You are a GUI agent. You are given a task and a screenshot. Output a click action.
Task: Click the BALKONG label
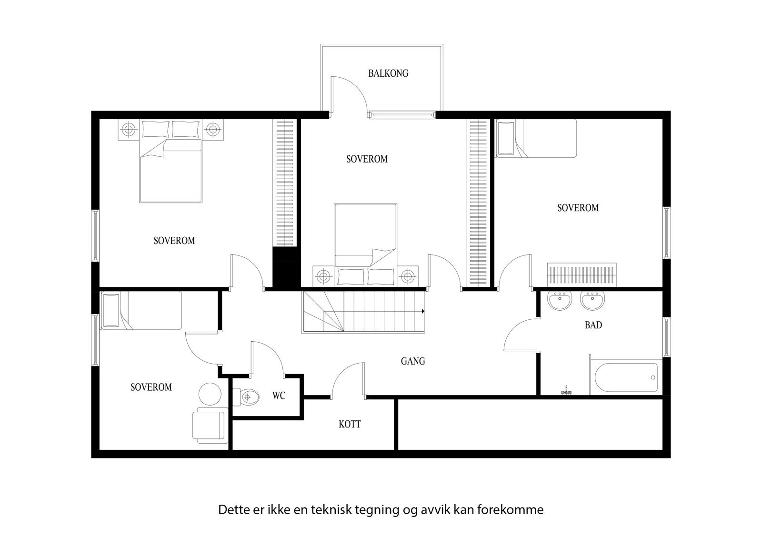(388, 73)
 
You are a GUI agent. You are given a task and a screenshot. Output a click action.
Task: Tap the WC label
(279, 396)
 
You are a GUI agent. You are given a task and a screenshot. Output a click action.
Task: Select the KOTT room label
(350, 424)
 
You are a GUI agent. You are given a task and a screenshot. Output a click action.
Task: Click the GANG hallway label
(412, 361)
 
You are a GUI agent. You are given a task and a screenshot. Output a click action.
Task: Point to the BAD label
(593, 325)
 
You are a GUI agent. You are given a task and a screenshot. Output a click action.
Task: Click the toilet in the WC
(248, 396)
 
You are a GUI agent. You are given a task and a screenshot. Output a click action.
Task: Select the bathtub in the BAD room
(626, 378)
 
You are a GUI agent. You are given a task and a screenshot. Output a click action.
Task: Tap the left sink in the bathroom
(560, 301)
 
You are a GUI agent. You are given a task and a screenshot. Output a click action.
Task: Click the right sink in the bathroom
(592, 301)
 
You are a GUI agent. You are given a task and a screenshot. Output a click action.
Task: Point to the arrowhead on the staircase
(422, 312)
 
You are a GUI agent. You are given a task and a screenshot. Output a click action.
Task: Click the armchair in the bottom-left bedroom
(209, 426)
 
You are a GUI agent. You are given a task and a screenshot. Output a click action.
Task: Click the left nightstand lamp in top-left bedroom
(127, 129)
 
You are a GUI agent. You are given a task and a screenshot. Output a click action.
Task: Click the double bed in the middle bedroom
(365, 238)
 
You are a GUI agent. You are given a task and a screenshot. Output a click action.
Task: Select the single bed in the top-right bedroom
(536, 138)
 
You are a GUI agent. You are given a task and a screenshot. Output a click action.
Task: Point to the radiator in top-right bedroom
(582, 275)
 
